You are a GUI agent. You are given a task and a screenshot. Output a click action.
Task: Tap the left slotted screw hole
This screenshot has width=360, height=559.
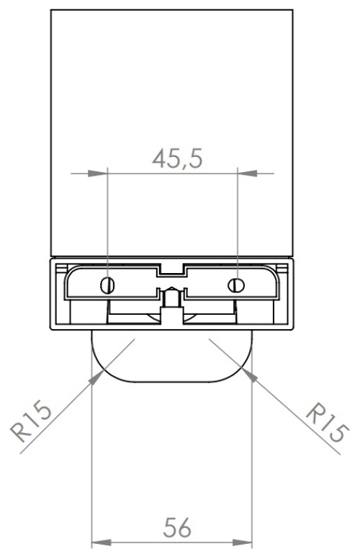[x=107, y=284]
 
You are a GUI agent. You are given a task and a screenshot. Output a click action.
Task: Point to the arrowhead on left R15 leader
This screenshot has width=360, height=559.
[x=96, y=377]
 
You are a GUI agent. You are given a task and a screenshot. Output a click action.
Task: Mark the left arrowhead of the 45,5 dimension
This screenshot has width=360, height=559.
[x=100, y=173]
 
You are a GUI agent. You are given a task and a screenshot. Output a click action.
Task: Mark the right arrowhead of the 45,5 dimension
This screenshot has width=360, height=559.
[x=244, y=173]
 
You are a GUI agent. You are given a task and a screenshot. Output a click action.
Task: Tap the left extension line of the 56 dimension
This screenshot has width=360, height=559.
[x=91, y=461]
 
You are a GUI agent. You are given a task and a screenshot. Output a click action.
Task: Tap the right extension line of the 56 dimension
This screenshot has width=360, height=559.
[x=253, y=461]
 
